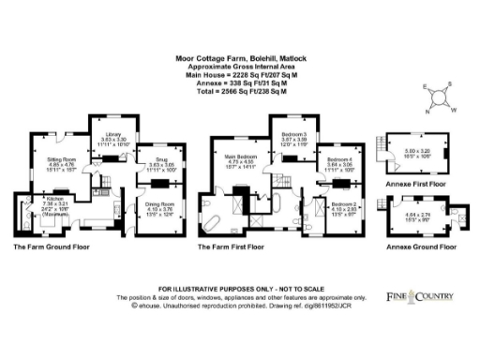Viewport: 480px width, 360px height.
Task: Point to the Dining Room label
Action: pos(159,205)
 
